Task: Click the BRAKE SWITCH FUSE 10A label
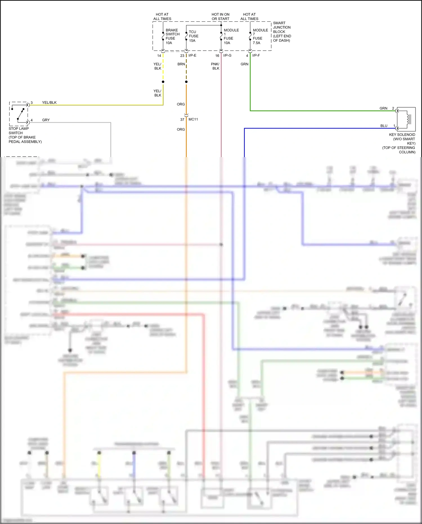coord(172,37)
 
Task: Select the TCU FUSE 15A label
coord(193,36)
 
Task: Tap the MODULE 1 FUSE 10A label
coord(231,37)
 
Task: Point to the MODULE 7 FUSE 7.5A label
coord(260,37)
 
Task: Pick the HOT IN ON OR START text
coord(220,17)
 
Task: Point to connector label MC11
coord(193,119)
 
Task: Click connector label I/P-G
coord(227,55)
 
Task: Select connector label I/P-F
coord(256,55)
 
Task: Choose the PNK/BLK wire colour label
coord(215,66)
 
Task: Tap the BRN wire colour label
coord(181,64)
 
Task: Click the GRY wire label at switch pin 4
coord(46,120)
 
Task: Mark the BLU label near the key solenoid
coord(384,126)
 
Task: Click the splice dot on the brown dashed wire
coord(186,82)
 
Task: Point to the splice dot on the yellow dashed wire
coord(163,82)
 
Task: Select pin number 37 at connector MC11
coord(182,120)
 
